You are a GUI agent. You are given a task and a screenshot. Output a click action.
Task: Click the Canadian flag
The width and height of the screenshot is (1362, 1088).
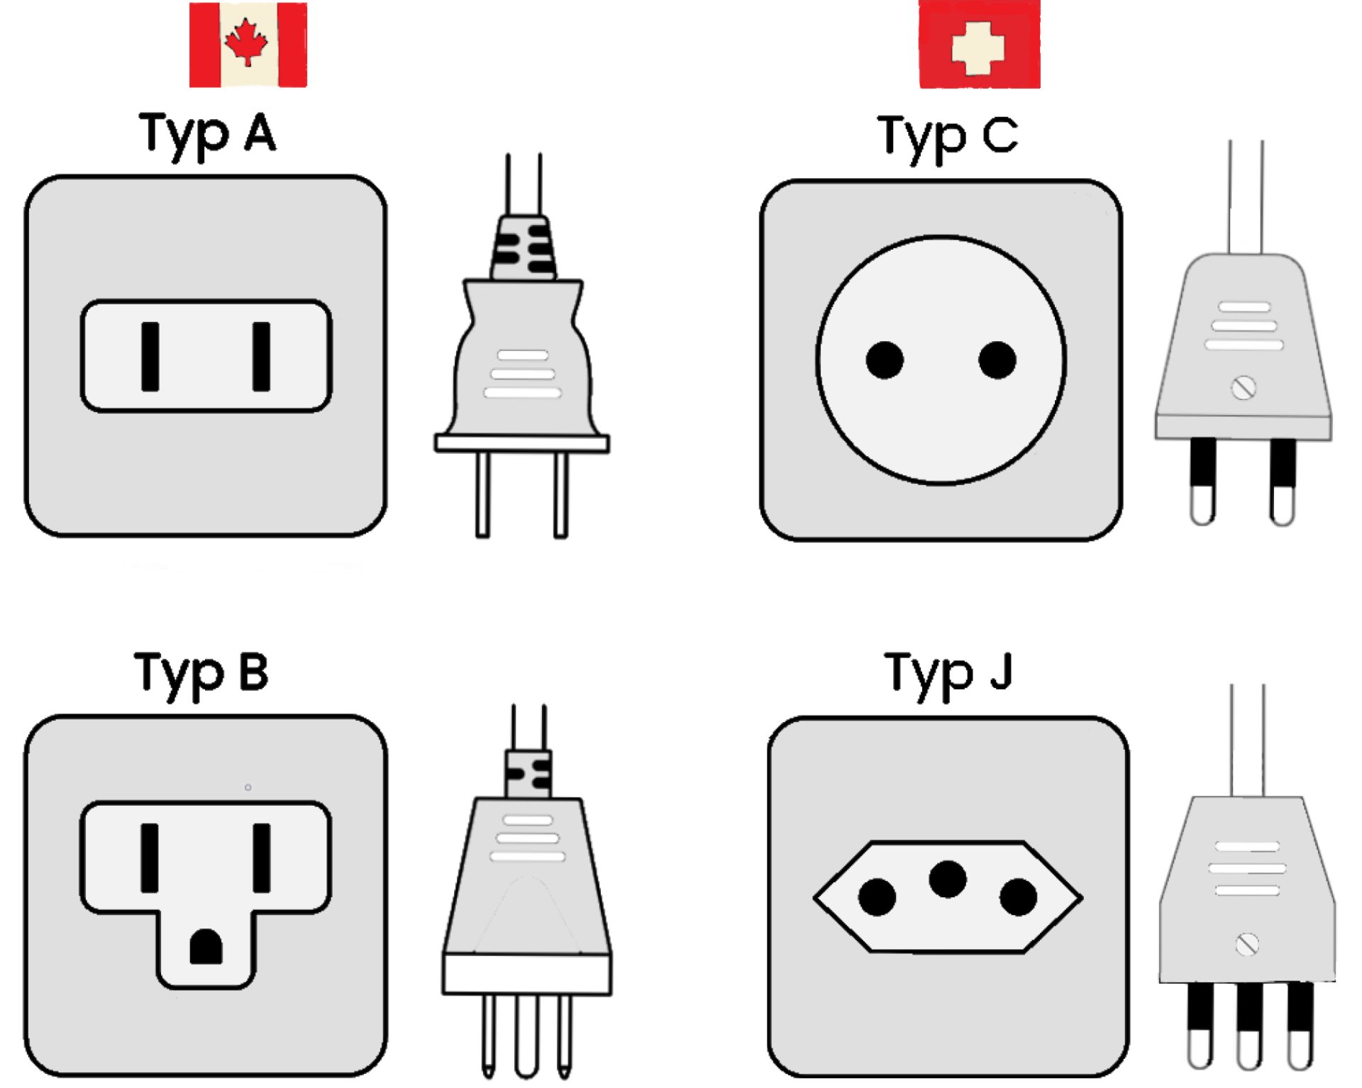[x=248, y=45]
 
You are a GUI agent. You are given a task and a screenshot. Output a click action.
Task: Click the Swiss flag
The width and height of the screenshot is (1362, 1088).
[x=980, y=44]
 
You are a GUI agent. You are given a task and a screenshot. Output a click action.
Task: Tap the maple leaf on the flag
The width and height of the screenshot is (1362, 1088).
[x=246, y=43]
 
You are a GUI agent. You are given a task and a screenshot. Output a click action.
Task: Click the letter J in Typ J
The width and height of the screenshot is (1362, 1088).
[x=1001, y=671]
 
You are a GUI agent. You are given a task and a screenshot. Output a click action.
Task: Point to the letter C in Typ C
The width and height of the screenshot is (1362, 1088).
[x=1001, y=135]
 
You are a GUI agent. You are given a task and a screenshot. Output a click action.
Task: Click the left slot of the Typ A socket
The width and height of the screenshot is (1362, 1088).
[x=150, y=357]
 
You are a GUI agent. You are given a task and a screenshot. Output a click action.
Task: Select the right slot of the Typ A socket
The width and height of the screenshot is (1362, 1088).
[x=261, y=357]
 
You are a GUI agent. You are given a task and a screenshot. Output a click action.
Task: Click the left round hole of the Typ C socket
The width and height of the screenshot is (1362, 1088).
[x=885, y=360]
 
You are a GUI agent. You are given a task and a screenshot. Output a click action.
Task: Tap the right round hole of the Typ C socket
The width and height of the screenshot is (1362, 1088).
[x=997, y=360]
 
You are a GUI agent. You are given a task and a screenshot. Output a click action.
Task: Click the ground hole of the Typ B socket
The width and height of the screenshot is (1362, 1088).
[x=206, y=947]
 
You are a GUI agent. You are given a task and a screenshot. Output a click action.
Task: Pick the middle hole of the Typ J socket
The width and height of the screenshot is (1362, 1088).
[x=948, y=879]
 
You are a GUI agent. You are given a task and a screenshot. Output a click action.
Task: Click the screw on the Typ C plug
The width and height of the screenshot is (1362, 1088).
[x=1244, y=388]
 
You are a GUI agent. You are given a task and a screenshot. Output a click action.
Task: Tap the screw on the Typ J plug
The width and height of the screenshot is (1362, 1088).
[x=1247, y=945]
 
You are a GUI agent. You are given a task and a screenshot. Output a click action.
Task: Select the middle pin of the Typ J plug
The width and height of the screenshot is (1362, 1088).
[x=1249, y=1026]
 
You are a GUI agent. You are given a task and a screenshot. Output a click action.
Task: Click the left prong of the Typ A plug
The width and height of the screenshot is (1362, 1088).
[x=482, y=495]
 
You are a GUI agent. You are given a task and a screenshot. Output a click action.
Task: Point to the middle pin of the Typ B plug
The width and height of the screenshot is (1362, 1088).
[x=526, y=1036]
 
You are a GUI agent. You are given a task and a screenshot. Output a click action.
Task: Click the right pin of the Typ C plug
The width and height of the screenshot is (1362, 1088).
[x=1283, y=482]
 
